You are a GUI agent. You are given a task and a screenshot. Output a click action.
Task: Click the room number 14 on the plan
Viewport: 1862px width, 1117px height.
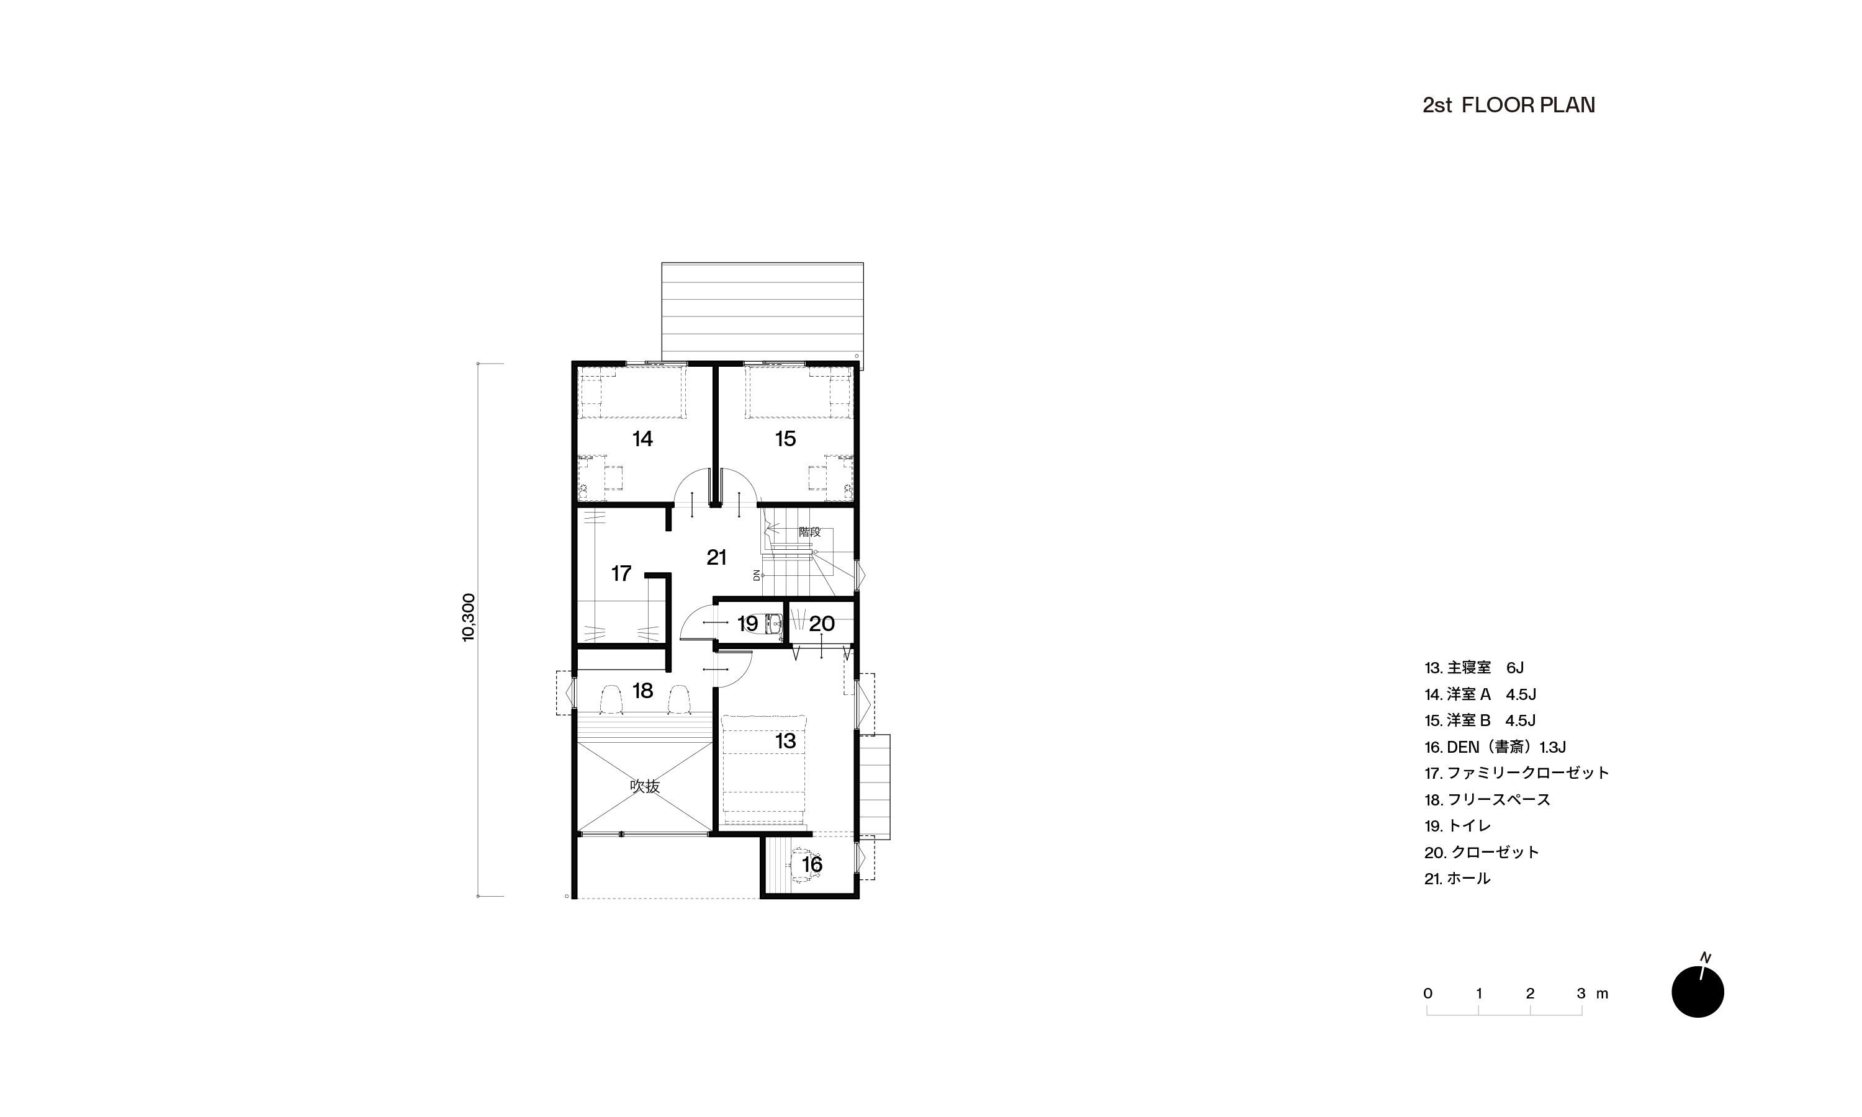click(642, 439)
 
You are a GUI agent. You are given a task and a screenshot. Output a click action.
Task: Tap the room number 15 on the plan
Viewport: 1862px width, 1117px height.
click(785, 439)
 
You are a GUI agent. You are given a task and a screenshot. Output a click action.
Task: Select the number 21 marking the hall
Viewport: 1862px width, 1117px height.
click(716, 557)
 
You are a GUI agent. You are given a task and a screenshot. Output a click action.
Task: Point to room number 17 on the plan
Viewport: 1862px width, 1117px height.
click(621, 573)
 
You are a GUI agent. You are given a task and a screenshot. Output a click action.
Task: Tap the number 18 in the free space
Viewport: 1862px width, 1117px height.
click(642, 691)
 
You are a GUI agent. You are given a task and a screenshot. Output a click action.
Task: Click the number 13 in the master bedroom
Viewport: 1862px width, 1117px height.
click(785, 741)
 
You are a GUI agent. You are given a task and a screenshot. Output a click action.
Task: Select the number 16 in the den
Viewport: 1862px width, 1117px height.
click(811, 865)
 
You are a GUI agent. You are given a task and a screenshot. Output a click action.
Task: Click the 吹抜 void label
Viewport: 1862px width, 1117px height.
click(645, 787)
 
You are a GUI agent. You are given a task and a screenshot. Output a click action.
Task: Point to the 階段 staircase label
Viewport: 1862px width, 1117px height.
click(810, 531)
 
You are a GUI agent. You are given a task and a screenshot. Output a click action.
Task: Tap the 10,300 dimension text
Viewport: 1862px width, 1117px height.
click(468, 617)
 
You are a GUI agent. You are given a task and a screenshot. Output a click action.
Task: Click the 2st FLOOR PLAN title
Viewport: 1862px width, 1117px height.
click(1508, 105)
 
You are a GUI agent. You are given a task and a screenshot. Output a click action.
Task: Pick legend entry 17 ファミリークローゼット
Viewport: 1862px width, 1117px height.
click(1516, 773)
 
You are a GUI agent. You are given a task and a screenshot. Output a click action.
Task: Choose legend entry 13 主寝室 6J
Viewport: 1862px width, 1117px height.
click(1473, 668)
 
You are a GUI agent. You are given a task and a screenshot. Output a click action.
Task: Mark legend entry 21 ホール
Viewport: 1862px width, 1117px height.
click(1457, 878)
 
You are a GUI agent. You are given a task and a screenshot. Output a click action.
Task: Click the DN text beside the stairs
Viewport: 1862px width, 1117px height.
click(757, 575)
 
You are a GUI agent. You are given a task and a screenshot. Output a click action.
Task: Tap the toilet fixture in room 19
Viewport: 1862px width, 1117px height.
click(773, 624)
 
